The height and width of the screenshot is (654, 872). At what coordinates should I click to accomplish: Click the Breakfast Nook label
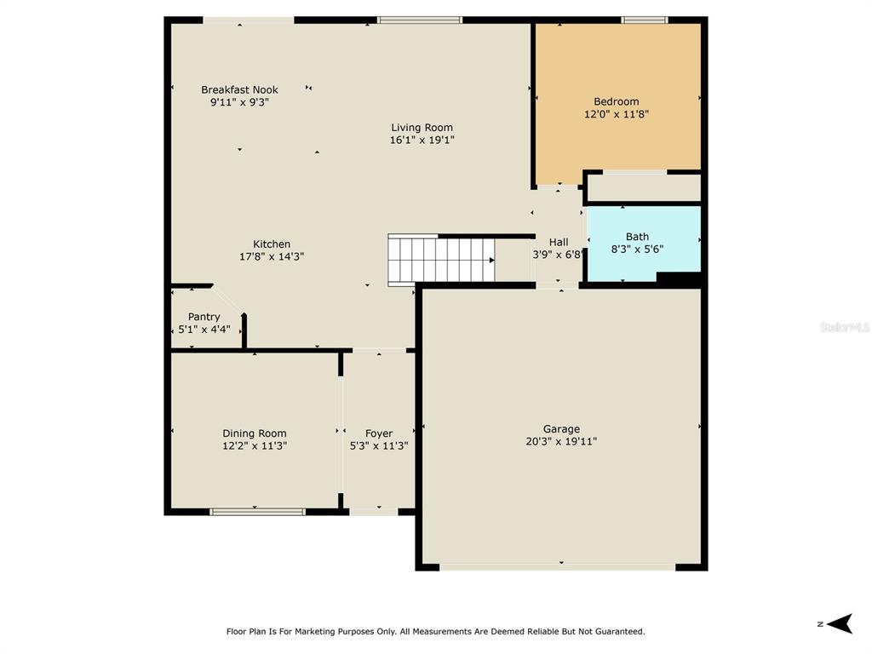pyautogui.click(x=239, y=89)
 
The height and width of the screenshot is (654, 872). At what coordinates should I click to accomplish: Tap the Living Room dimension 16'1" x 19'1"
pyautogui.click(x=422, y=141)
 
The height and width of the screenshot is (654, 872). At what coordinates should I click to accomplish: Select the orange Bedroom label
pyautogui.click(x=617, y=101)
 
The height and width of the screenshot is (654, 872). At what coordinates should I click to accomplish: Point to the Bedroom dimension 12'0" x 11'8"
pyautogui.click(x=617, y=114)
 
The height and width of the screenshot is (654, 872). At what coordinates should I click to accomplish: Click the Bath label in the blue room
pyautogui.click(x=637, y=237)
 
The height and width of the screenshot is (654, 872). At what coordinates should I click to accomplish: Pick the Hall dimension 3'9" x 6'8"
pyautogui.click(x=558, y=255)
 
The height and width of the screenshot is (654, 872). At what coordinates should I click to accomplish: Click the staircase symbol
pyautogui.click(x=441, y=259)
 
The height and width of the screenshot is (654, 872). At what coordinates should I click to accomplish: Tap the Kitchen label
pyautogui.click(x=272, y=244)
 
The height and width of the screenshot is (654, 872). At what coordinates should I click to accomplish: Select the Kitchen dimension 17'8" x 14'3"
pyautogui.click(x=272, y=256)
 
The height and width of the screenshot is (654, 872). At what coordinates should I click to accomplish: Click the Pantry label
pyautogui.click(x=204, y=317)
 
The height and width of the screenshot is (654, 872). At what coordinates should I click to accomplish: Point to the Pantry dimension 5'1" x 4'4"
pyautogui.click(x=204, y=329)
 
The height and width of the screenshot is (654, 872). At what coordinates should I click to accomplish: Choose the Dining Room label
pyautogui.click(x=254, y=433)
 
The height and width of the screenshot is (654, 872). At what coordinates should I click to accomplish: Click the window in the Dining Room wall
pyautogui.click(x=257, y=512)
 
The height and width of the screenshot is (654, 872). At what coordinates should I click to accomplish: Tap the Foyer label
pyautogui.click(x=379, y=433)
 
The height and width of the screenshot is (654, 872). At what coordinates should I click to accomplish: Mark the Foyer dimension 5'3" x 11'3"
pyautogui.click(x=379, y=445)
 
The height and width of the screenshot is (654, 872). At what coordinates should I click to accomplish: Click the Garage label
pyautogui.click(x=561, y=429)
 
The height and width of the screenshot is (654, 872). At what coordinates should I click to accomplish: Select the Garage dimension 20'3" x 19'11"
pyautogui.click(x=561, y=441)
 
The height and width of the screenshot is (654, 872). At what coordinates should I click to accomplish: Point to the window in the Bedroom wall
pyautogui.click(x=644, y=20)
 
